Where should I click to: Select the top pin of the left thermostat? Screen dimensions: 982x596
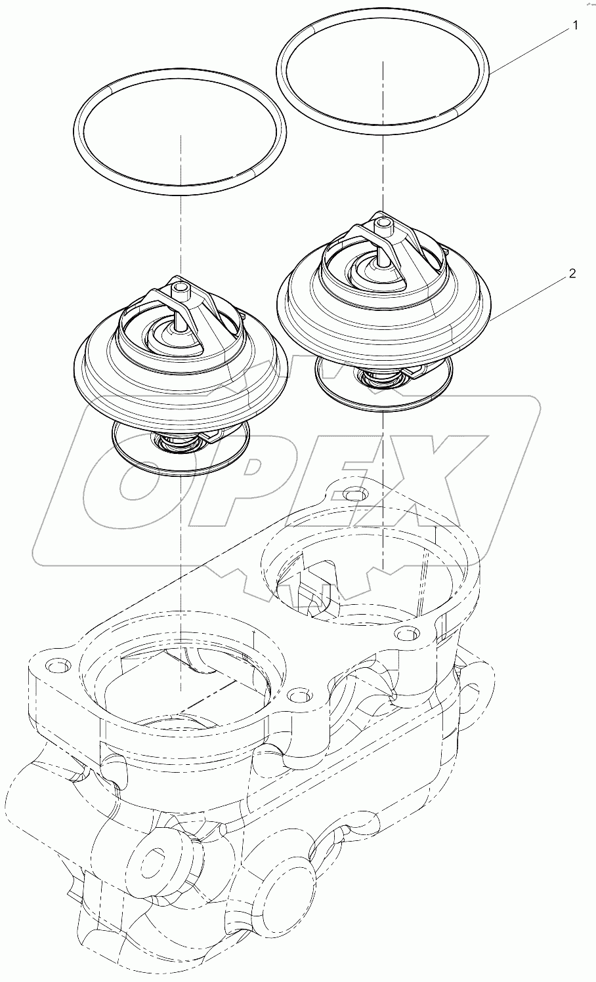click(x=182, y=289)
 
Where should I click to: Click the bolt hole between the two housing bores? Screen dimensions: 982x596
click(x=297, y=694)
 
